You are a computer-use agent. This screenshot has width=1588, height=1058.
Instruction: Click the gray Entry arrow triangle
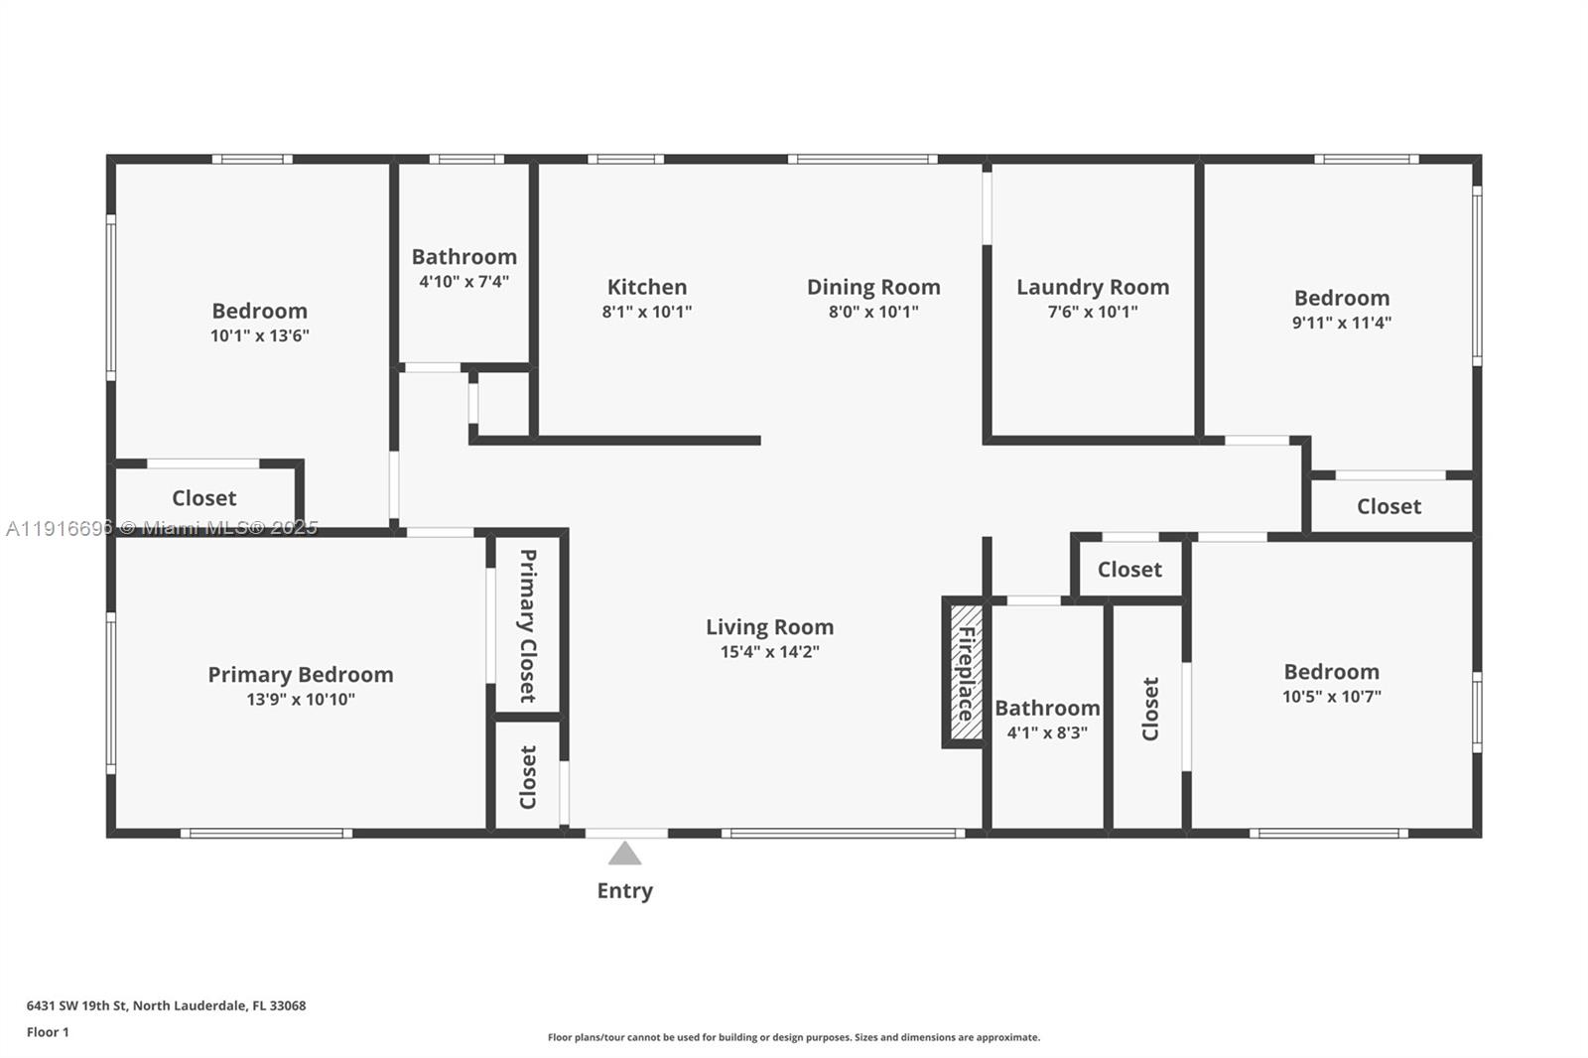(624, 854)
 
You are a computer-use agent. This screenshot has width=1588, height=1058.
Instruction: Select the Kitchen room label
(647, 287)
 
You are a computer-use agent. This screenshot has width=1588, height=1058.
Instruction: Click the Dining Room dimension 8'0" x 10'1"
(873, 312)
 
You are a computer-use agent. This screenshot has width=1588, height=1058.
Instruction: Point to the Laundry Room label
(1093, 287)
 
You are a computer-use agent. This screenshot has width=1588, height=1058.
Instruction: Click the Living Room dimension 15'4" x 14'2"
(769, 652)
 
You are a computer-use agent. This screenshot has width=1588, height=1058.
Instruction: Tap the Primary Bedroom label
(301, 674)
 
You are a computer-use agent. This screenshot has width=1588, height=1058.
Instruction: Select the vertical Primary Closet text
(528, 625)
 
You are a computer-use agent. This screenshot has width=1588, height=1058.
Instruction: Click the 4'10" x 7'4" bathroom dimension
(463, 282)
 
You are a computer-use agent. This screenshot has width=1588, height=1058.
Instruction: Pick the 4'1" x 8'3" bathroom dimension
(1047, 733)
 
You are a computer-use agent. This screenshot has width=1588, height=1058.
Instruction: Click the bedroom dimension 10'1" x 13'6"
(259, 335)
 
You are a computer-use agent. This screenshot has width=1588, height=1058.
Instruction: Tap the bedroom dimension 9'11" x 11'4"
(1341, 323)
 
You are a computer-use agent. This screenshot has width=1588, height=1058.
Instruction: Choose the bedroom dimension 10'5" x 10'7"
(1331, 697)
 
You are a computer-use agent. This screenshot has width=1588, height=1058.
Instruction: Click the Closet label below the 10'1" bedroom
(204, 498)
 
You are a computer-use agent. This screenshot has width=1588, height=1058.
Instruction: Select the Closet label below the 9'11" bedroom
(1389, 506)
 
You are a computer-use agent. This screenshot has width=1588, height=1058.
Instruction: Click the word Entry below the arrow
(624, 890)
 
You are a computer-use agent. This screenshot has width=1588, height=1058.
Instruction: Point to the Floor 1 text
(48, 1032)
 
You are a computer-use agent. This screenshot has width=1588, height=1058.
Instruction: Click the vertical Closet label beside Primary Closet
(528, 777)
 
